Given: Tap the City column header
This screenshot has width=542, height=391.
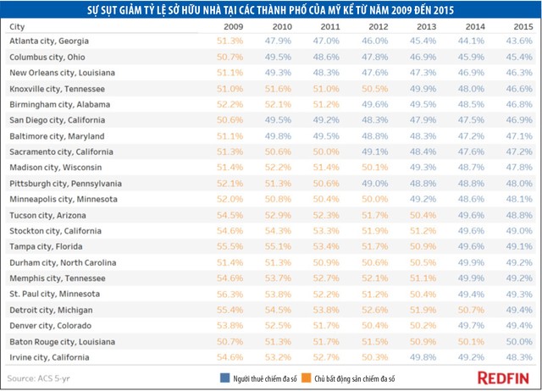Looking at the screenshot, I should pos(18,26).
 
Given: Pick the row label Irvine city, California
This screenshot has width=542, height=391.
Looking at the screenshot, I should pos(50,357).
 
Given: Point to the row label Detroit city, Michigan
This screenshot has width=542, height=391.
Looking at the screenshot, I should pos(51,310).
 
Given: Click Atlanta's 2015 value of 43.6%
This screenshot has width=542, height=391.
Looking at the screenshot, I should pos(520,41).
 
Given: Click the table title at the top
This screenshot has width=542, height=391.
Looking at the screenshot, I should pos(271,10).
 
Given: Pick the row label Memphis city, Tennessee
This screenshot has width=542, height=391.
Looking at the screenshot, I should pos(52,278).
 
